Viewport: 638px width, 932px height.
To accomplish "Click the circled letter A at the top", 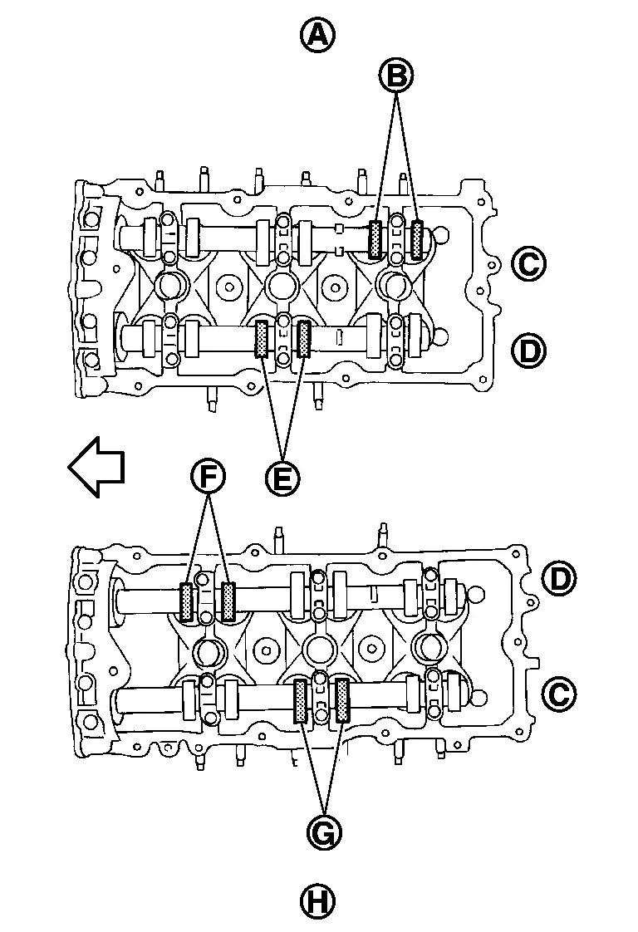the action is coord(317,35).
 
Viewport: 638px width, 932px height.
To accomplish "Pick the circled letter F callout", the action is coord(208,477).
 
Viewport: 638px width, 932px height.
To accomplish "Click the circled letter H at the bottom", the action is coord(317,902).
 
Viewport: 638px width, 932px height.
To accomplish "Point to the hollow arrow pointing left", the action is coord(96,467).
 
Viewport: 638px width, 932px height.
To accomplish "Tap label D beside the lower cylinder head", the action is coord(560,578).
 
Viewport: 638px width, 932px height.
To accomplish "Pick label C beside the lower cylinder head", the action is coord(560,694).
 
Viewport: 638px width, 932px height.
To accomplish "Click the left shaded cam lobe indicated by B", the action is coord(375,239).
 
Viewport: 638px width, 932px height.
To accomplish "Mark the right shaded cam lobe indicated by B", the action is coord(418,239).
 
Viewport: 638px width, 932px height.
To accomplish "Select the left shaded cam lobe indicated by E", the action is coord(261,339).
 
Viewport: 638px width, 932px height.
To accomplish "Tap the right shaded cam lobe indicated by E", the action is coord(304,339).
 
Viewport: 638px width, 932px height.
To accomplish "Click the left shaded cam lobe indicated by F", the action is coord(186,602).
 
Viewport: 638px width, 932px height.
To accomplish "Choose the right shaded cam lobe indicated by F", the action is coord(228,602).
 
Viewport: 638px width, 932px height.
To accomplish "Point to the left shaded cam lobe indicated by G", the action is coord(300,701).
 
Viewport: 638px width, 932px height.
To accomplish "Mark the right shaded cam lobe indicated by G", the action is coord(342,701).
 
